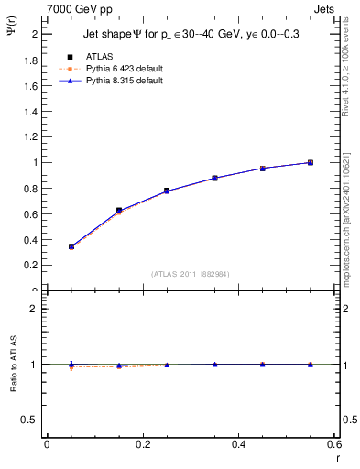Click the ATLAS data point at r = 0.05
[x=71, y=246]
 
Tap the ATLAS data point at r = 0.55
[x=311, y=162]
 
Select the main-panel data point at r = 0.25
[x=167, y=191]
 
